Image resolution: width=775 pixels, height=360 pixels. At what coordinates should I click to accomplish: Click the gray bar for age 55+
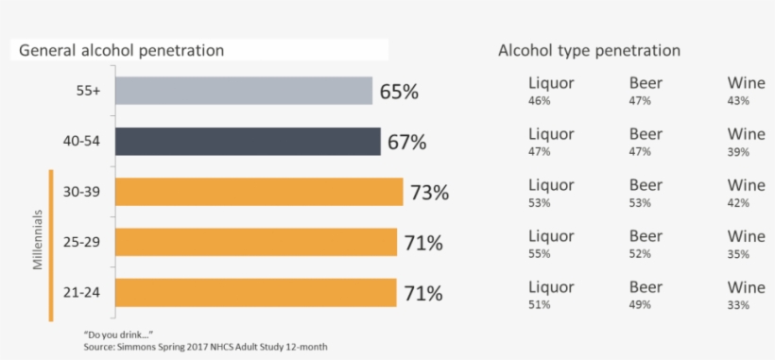pos(244,91)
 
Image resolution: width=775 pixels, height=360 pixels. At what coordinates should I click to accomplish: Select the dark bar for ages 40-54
pos(248,142)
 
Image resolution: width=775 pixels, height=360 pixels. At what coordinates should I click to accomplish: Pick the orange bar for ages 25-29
pos(256,242)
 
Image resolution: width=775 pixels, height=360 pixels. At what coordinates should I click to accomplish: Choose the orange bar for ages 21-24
pos(256,292)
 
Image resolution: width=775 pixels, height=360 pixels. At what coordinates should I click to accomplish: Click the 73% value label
pos(429,193)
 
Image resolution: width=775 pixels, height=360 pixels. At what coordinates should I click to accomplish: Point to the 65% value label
pos(399,92)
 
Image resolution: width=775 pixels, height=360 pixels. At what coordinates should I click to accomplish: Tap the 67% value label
pos(406,143)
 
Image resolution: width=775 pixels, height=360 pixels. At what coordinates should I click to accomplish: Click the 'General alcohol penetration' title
pos(122,50)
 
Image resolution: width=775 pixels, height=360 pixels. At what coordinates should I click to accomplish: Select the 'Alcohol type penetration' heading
pos(589,50)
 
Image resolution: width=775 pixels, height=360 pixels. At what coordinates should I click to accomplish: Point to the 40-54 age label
pos(82,142)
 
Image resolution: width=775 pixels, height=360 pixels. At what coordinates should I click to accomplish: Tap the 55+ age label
pos(89,92)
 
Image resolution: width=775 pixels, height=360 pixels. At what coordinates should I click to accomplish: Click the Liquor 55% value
pos(539,254)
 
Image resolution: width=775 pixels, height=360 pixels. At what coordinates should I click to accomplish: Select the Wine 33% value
pos(738,305)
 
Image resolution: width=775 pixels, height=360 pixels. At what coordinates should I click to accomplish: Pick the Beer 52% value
pos(640,254)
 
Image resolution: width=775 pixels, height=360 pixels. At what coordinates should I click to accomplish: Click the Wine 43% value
pos(738,100)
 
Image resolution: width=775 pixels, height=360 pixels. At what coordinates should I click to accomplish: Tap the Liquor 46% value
pos(539,100)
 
